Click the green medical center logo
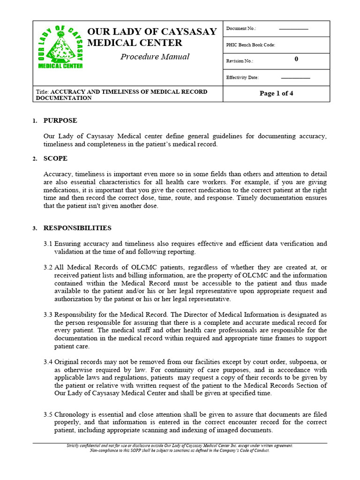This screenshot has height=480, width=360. [x=60, y=47]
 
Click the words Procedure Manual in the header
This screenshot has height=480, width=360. [x=155, y=57]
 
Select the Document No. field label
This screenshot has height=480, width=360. [x=241, y=29]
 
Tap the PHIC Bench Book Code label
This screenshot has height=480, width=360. [x=251, y=45]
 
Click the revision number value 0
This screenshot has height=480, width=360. [x=296, y=59]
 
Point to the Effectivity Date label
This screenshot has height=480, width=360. [x=242, y=77]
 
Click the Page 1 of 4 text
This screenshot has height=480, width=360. [x=276, y=93]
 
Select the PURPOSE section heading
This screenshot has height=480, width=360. [x=60, y=120]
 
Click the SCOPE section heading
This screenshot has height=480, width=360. [x=55, y=158]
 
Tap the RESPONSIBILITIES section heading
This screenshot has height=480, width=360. [x=77, y=228]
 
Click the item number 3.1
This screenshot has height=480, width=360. [x=48, y=244]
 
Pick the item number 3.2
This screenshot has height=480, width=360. [x=48, y=267]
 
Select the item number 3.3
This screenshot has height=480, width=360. [x=48, y=315]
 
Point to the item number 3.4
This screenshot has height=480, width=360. [x=48, y=362]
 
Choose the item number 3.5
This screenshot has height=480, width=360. [x=48, y=415]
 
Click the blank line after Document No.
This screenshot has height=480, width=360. [x=293, y=29]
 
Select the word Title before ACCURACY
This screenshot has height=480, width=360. [x=42, y=92]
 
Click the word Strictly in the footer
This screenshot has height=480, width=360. [x=74, y=446]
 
